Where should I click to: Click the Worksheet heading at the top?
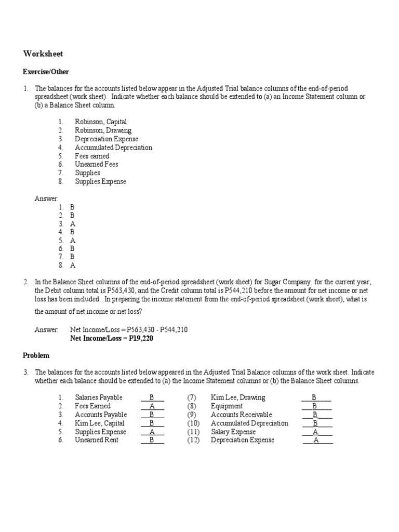(43, 54)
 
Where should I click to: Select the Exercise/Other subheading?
(46, 72)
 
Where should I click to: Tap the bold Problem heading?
(36, 355)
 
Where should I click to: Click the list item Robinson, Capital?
(101, 122)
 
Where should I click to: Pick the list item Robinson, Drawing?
(103, 130)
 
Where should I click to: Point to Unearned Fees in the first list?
(97, 164)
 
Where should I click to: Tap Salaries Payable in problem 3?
(99, 397)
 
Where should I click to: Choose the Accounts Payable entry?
(101, 415)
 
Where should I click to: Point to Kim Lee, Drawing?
(237, 397)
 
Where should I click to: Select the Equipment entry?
(227, 406)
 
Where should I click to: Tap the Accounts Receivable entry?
(241, 415)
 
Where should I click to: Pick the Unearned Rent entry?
(97, 440)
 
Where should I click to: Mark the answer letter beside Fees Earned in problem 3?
(152, 406)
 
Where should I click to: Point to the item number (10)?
(193, 423)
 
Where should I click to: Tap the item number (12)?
(193, 440)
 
